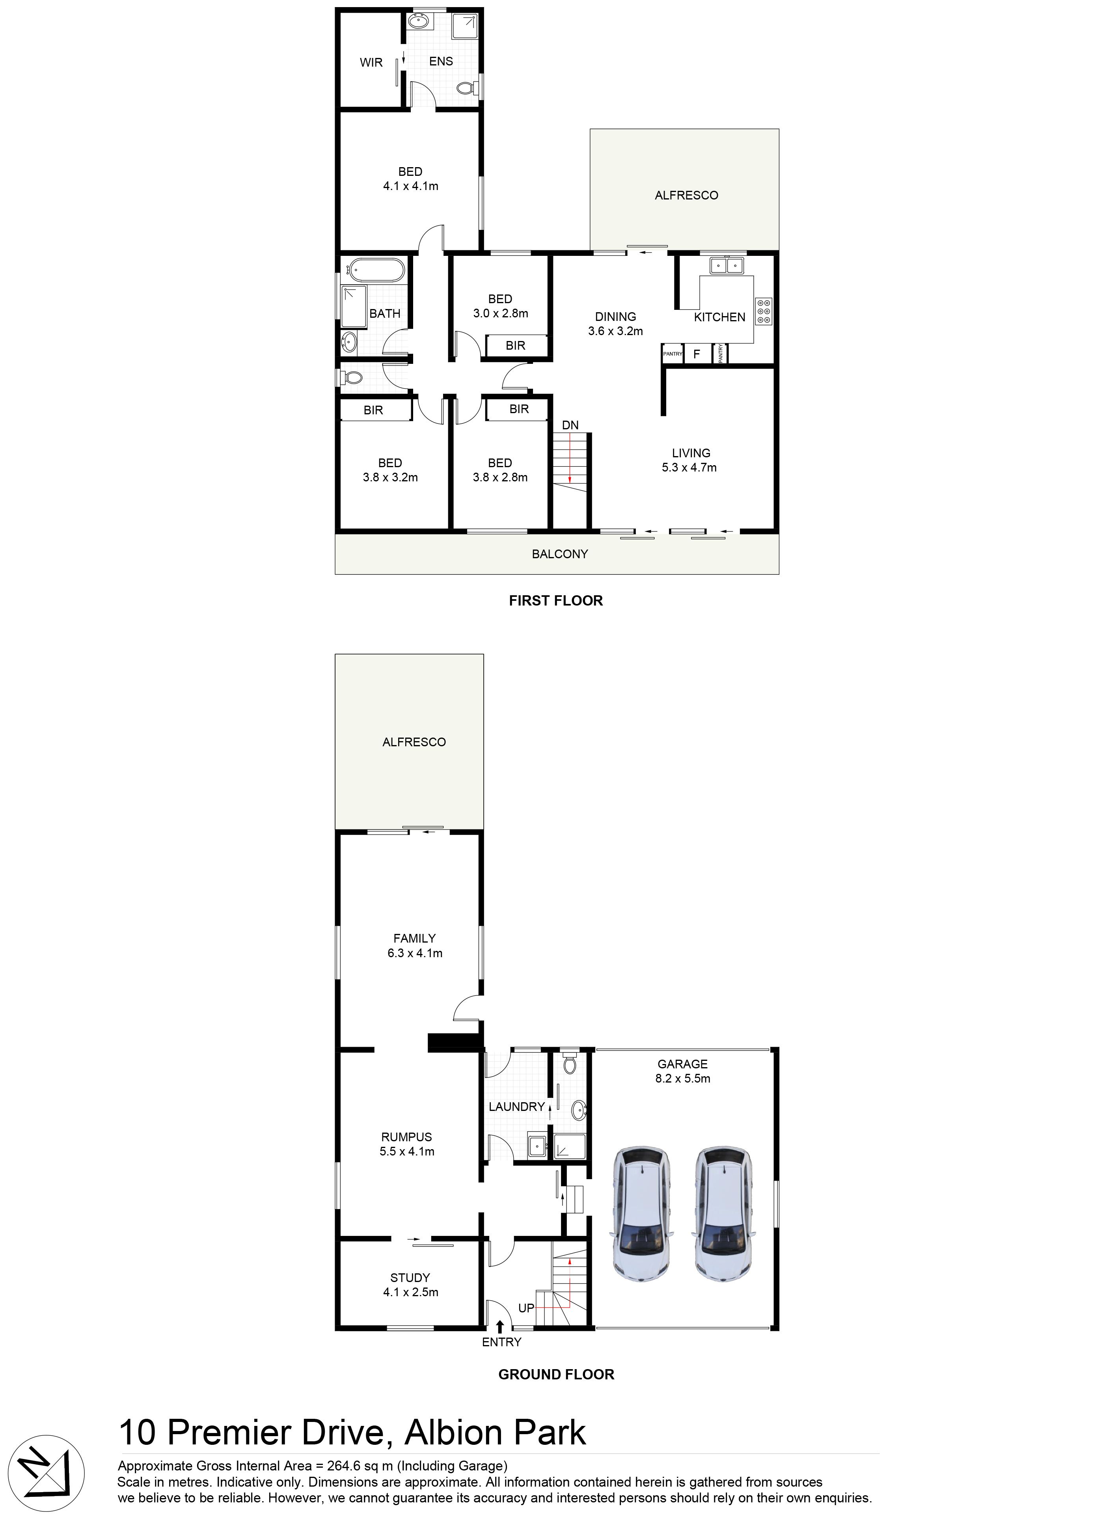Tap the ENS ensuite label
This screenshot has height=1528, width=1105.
click(x=441, y=61)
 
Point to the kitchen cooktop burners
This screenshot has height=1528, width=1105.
click(x=763, y=311)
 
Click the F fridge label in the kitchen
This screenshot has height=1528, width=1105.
click(x=697, y=354)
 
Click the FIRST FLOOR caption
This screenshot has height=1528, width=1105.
click(x=556, y=600)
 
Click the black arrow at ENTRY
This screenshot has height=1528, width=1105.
click(x=499, y=1327)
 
